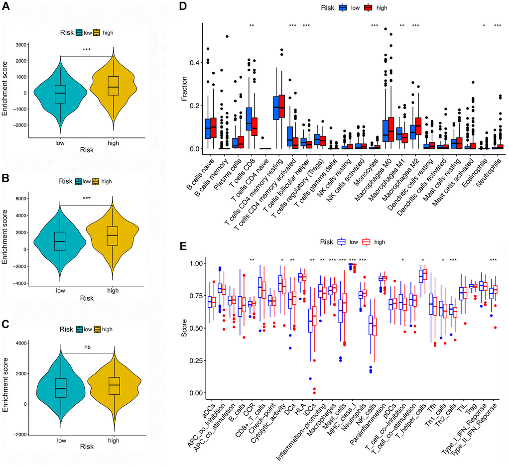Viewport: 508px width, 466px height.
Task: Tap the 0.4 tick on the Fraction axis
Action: click(196, 62)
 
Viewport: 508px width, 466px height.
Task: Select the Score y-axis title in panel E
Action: click(185, 325)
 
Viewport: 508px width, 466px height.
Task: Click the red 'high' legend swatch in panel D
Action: click(369, 8)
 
